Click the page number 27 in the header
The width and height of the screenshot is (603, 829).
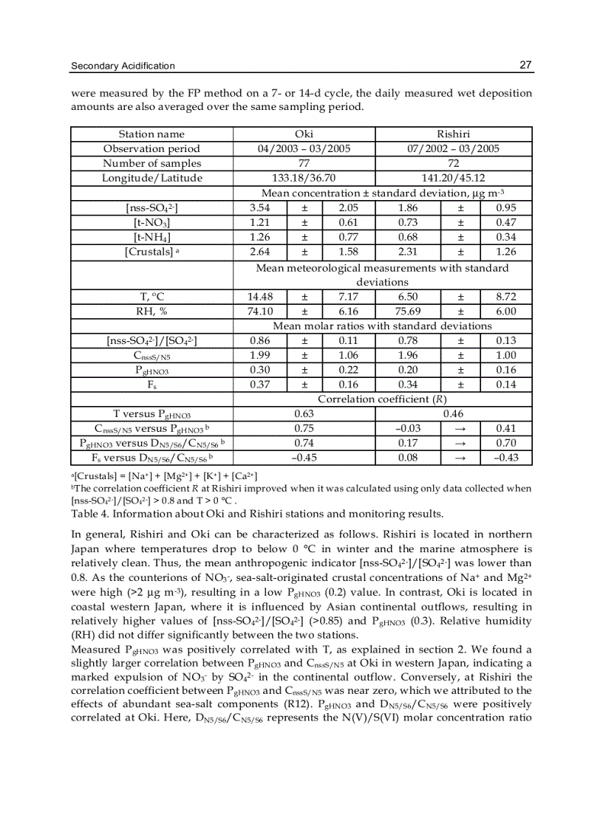click(x=525, y=66)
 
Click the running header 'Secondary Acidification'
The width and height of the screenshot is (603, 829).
click(x=123, y=66)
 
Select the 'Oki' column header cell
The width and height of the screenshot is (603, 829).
click(x=304, y=134)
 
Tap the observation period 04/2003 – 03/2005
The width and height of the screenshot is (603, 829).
click(x=304, y=148)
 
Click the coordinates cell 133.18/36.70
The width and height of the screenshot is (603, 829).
click(x=304, y=178)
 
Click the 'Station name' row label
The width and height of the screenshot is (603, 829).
click(x=151, y=134)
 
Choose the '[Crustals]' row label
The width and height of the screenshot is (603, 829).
click(x=151, y=252)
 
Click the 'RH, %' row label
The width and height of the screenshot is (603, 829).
click(x=151, y=312)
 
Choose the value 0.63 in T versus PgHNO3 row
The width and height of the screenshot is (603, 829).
click(x=304, y=413)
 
